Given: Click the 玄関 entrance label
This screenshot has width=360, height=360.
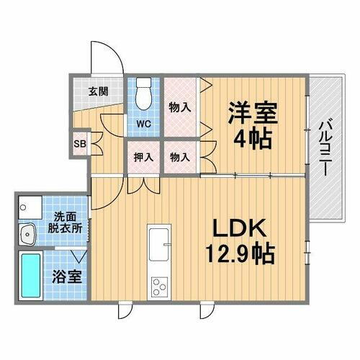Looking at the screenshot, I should coord(99,92).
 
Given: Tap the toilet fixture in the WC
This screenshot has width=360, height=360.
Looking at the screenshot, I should coord(143,93).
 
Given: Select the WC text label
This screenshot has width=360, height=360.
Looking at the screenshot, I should coord(143,123).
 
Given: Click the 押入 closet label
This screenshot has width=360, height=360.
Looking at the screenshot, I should coord(143,156).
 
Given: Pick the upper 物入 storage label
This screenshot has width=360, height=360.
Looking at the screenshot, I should coord(179,108).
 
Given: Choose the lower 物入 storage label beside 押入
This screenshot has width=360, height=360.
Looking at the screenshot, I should coord(179,156).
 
